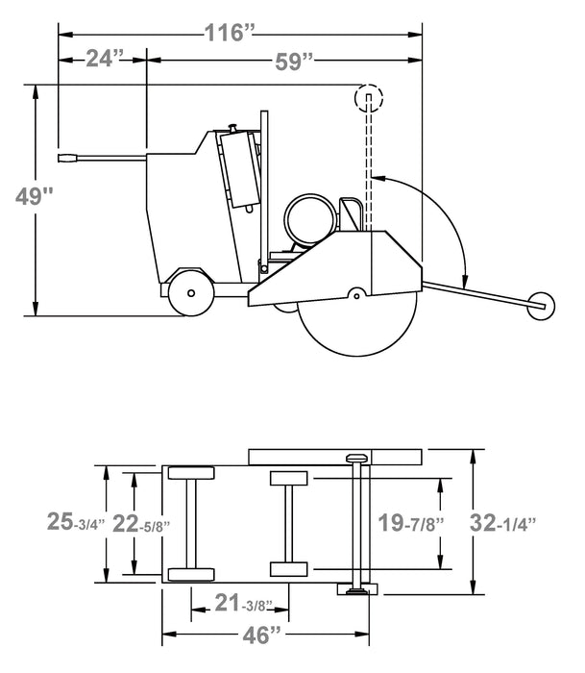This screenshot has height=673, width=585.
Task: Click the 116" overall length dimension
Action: pyautogui.click(x=230, y=32)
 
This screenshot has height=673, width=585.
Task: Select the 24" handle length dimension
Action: pyautogui.click(x=100, y=60)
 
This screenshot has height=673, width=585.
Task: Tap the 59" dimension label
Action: pyautogui.click(x=294, y=62)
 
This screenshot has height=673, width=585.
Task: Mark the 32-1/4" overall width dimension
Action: pyautogui.click(x=501, y=523)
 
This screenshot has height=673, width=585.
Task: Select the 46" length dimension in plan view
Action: pyautogui.click(x=264, y=634)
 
